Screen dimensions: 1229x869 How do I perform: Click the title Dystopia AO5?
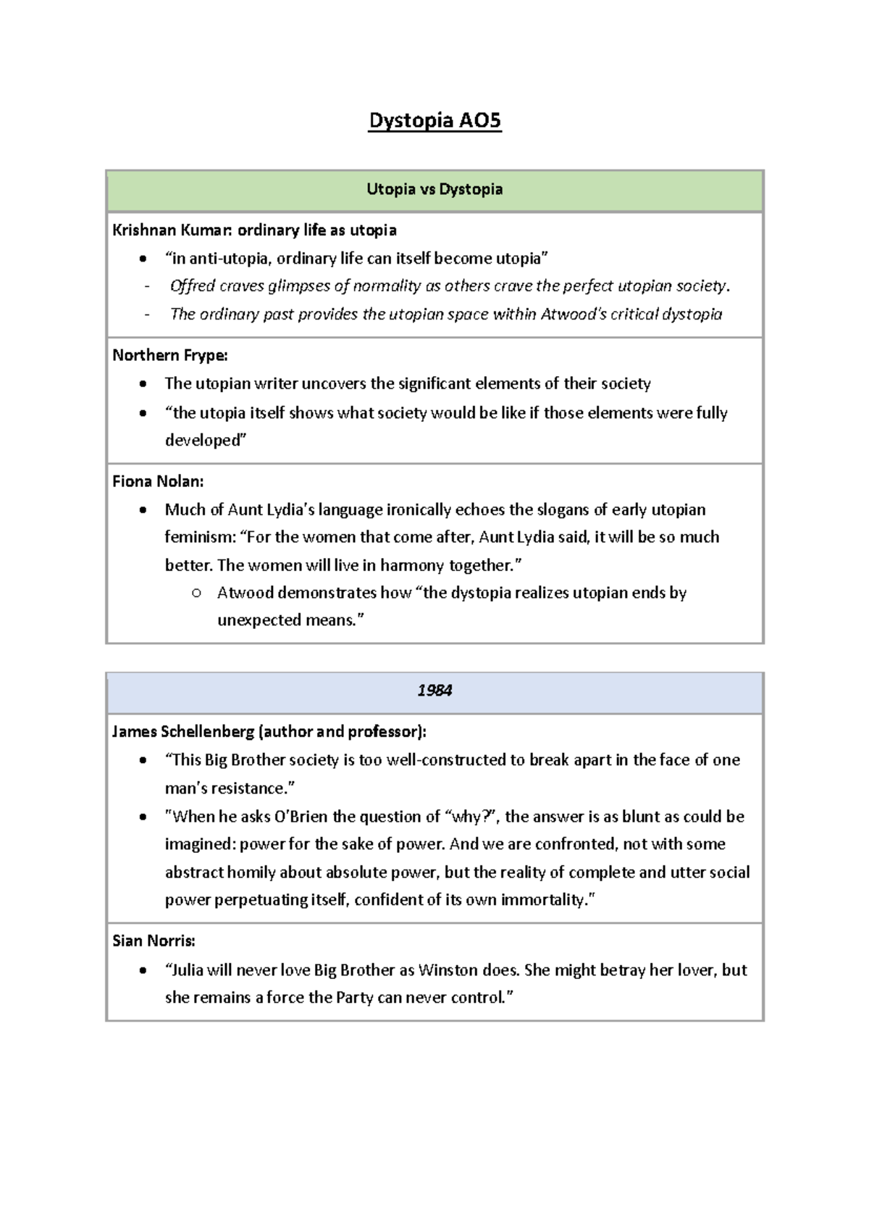(434, 120)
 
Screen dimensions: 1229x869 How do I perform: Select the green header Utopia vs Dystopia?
(434, 190)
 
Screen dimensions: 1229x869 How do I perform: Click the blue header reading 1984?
(434, 691)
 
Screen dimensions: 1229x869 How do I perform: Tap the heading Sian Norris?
(154, 941)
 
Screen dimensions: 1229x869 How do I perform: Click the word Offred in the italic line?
(192, 286)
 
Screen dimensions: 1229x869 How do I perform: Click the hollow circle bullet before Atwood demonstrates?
(196, 593)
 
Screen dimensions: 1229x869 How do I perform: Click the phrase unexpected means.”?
(290, 621)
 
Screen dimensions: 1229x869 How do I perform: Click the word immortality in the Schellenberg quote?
(540, 900)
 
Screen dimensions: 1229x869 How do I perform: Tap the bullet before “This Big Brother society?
(144, 761)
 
